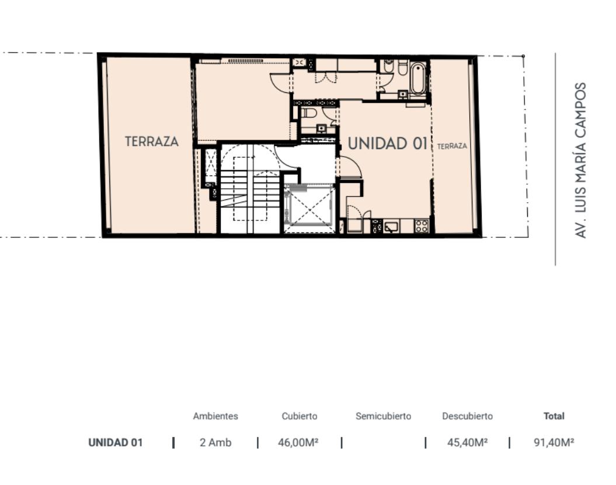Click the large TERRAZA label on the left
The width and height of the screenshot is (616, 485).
click(x=152, y=141)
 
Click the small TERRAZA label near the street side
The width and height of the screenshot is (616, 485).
click(x=452, y=146)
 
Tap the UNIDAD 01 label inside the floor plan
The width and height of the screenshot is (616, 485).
click(x=388, y=144)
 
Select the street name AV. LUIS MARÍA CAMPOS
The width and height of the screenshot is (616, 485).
click(x=580, y=160)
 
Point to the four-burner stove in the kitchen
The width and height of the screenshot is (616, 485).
click(x=422, y=226)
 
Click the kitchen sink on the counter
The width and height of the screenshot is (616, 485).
click(x=391, y=227)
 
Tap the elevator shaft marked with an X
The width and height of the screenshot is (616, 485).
click(x=309, y=208)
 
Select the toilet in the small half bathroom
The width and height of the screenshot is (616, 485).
click(x=309, y=113)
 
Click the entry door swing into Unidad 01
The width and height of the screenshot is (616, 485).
click(x=350, y=167)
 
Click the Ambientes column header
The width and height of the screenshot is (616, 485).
click(x=215, y=416)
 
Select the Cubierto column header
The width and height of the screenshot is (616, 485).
click(x=300, y=416)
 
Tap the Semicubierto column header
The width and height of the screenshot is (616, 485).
click(x=384, y=416)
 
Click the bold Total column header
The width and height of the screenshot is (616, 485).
click(x=554, y=416)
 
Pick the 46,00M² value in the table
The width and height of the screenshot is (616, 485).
click(x=298, y=442)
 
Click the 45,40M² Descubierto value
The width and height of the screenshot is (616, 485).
click(x=468, y=442)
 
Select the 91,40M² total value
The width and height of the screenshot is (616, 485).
click(x=554, y=442)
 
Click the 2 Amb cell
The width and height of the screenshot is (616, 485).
click(x=215, y=442)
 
